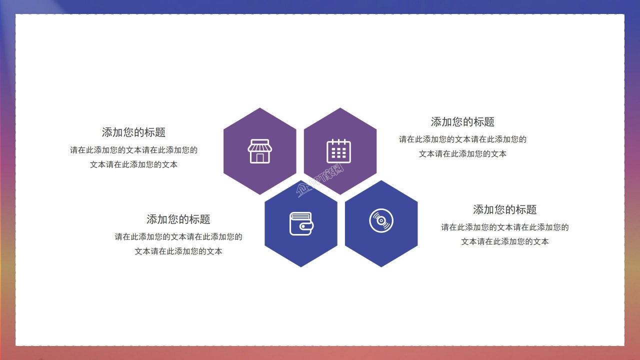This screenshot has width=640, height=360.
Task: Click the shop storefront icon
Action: pyautogui.click(x=259, y=151)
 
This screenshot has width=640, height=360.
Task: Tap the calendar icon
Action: pyautogui.click(x=339, y=151)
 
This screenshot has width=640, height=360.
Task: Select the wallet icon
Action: pyautogui.click(x=301, y=223)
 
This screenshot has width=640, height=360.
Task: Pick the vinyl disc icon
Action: pyautogui.click(x=381, y=220)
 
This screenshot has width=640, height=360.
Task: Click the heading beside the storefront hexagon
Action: pyautogui.click(x=133, y=132)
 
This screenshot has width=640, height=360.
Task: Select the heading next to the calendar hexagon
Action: pyautogui.click(x=462, y=122)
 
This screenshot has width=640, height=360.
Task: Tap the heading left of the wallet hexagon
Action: pyautogui.click(x=178, y=219)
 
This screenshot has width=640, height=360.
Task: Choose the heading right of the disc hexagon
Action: pyautogui.click(x=504, y=209)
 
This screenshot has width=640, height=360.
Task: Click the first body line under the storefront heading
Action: pyautogui.click(x=133, y=150)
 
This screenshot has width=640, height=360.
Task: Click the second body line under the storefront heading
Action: pyautogui.click(x=133, y=164)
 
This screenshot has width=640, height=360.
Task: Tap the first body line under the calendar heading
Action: pyautogui.click(x=462, y=139)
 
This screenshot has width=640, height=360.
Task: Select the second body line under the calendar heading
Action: pyautogui.click(x=462, y=154)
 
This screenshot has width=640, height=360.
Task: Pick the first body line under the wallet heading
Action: pyautogui.click(x=178, y=237)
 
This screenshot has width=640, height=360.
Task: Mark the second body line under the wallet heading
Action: pyautogui.click(x=178, y=251)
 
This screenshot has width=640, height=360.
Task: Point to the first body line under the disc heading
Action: pyautogui.click(x=504, y=227)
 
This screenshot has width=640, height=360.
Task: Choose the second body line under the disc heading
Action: pyautogui.click(x=504, y=242)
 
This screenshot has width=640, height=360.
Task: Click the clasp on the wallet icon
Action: pyautogui.click(x=308, y=226)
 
